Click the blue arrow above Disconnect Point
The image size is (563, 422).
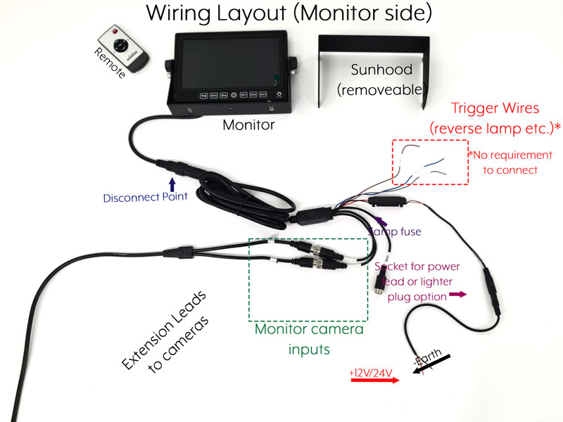point(172,184)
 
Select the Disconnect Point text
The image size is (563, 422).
point(146,198)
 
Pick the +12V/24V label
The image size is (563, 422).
point(370,371)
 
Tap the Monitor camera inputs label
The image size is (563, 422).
point(309,338)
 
